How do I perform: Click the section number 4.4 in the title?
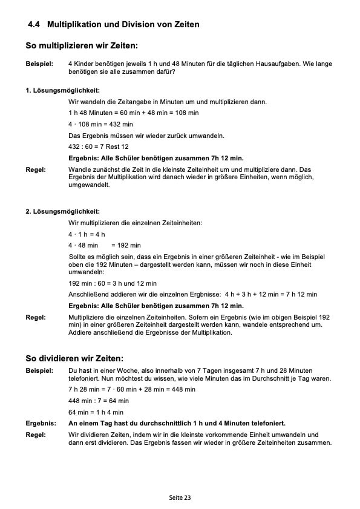pos(34,25)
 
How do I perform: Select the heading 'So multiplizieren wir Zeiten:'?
pos(82,45)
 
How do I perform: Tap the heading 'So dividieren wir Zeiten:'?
pos(74,358)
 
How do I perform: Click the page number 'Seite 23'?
pos(180,498)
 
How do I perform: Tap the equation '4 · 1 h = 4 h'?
pos(87,234)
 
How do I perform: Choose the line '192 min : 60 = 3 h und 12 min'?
pos(113,283)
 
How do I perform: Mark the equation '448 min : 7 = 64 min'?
pos(99,401)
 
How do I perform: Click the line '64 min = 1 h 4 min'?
pos(96,412)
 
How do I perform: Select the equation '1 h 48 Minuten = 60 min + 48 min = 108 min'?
pos(133,113)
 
